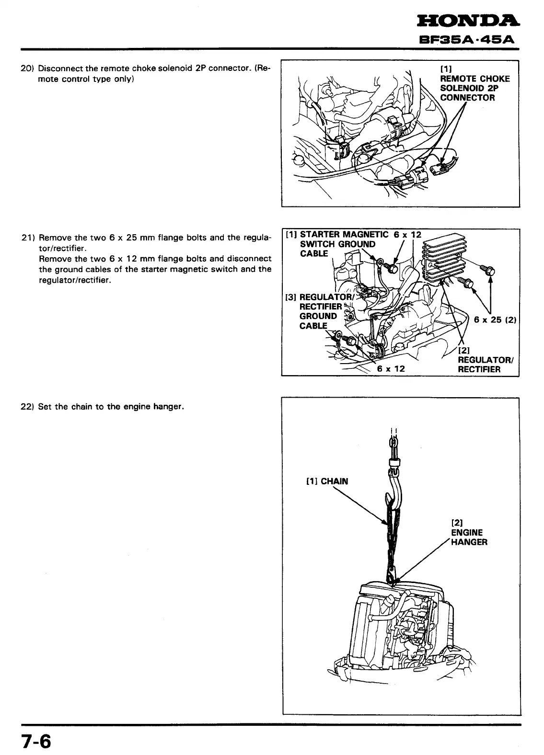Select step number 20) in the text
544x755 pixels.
[x=27, y=69]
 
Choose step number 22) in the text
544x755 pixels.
[x=28, y=407]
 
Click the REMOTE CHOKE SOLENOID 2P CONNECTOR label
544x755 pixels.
[x=475, y=88]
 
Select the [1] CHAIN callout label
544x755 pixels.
[x=327, y=481]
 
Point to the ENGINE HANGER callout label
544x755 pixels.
[x=469, y=537]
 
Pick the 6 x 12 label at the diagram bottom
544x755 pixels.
[x=391, y=368]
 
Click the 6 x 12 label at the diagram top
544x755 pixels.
[x=407, y=234]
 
